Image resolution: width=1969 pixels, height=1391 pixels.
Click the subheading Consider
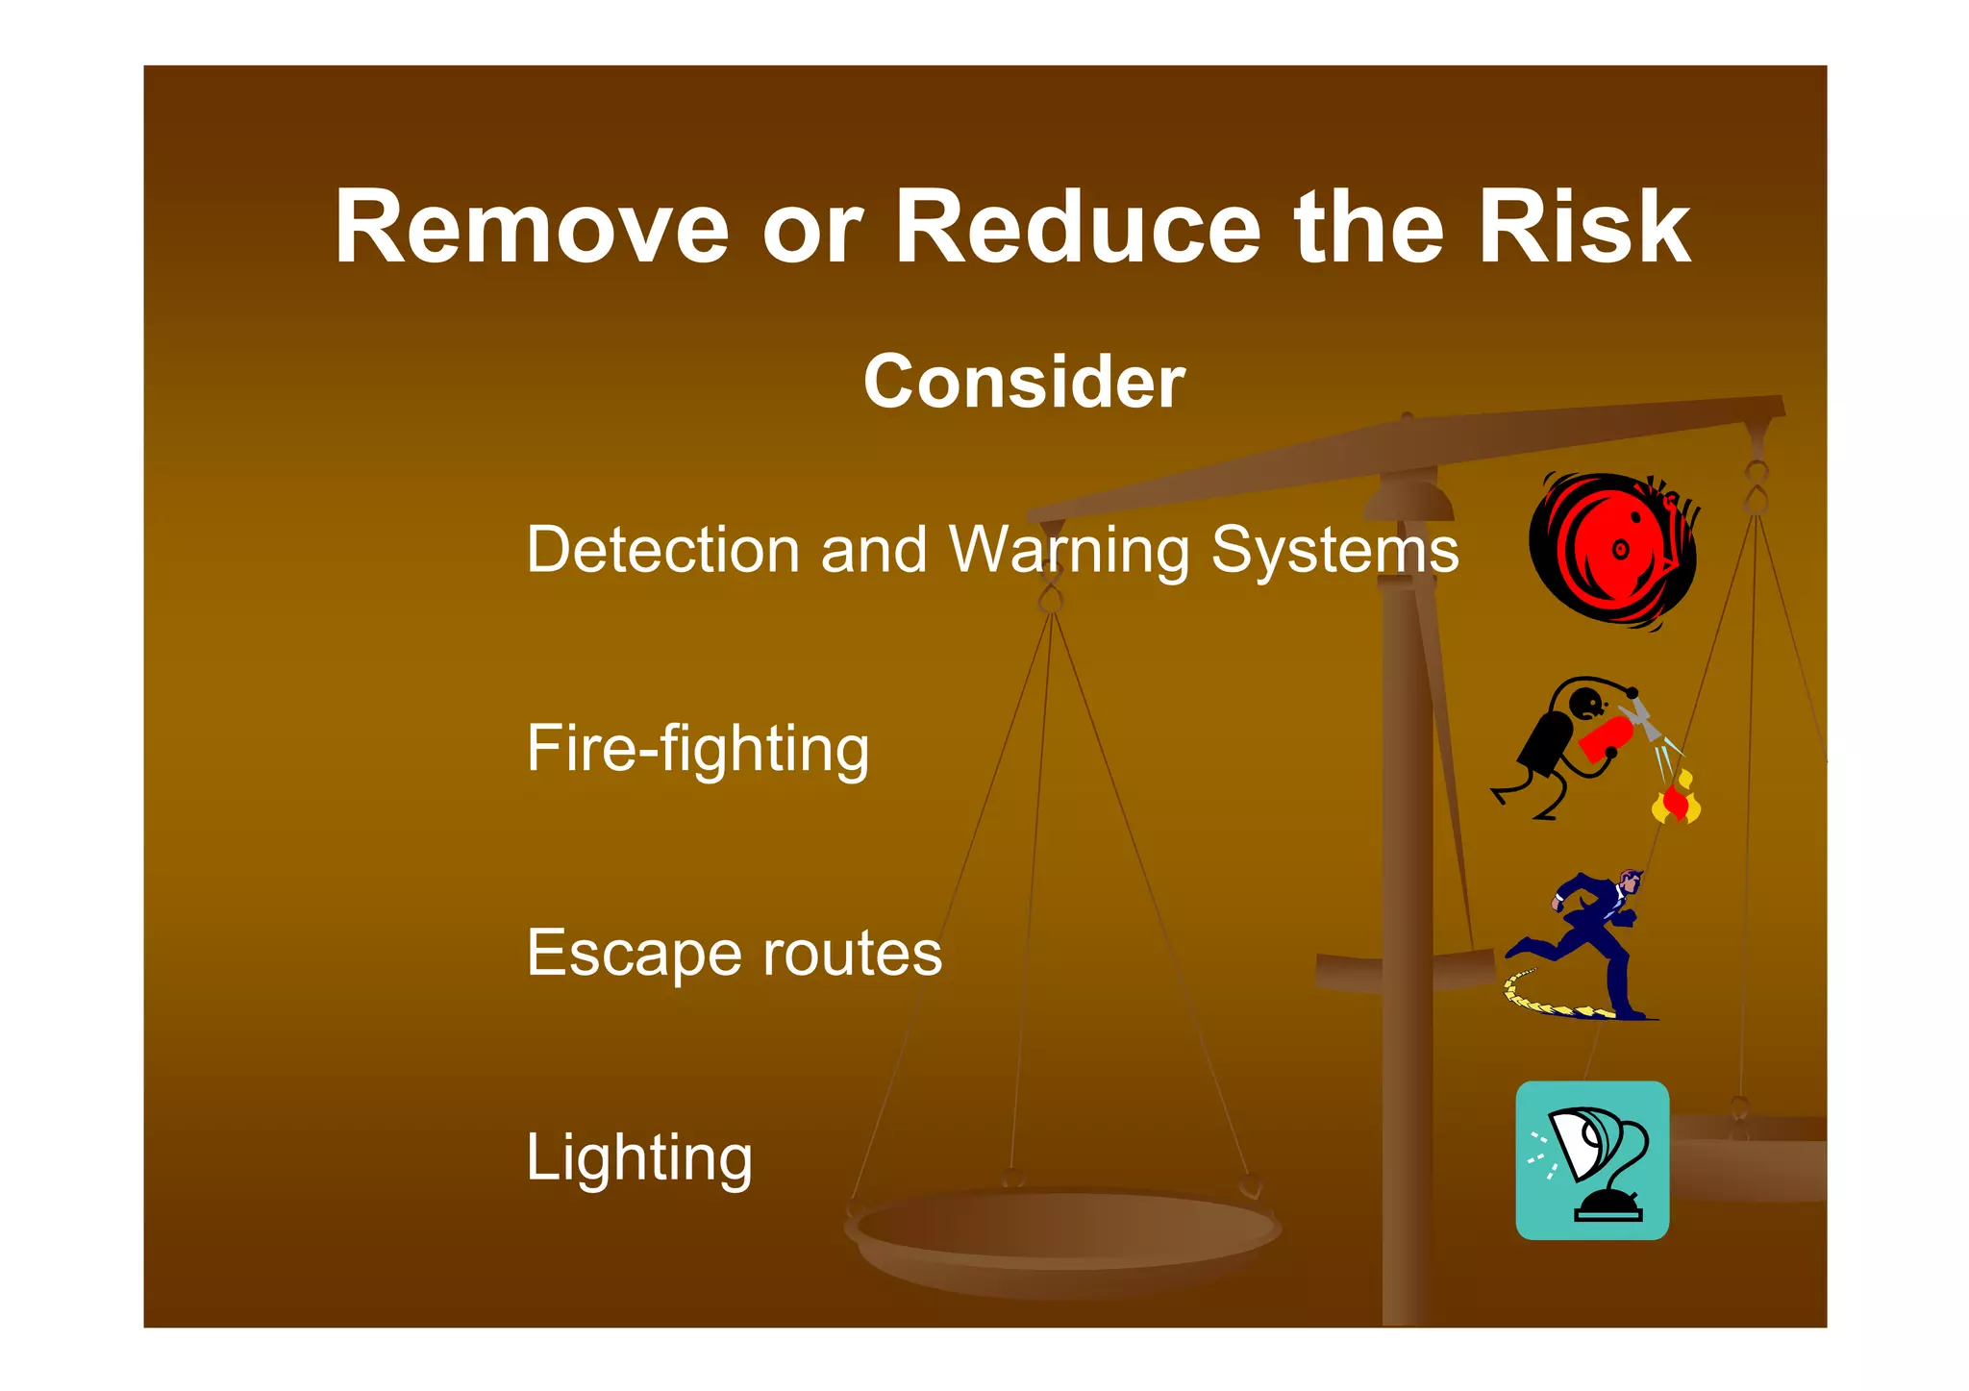pyautogui.click(x=1024, y=382)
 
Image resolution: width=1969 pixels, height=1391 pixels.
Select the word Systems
pyautogui.click(x=1334, y=552)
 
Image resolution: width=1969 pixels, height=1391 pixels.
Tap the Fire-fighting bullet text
pyautogui.click(x=697, y=749)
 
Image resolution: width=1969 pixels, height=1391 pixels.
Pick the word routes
pyautogui.click(x=852, y=954)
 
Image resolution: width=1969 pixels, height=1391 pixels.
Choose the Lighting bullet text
pyautogui.click(x=639, y=1158)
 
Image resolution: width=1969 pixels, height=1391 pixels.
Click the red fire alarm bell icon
pyautogui.click(x=1612, y=550)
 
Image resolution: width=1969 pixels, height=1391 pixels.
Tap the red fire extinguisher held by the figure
pyautogui.click(x=1606, y=739)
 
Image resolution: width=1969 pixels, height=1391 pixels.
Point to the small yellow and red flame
pyautogui.click(x=1676, y=801)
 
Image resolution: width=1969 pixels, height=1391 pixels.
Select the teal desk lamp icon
pyautogui.click(x=1592, y=1160)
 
